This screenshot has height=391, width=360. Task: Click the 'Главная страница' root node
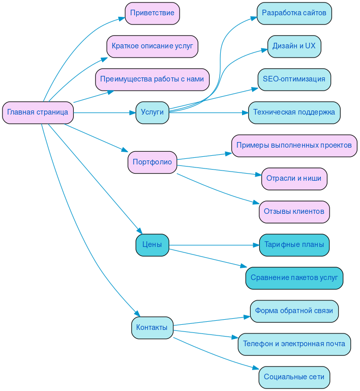tap(38, 113)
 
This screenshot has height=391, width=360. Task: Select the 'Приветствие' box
tap(152, 13)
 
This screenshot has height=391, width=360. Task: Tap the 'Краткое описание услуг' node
tap(152, 46)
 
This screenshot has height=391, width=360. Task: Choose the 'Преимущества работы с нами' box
tap(152, 79)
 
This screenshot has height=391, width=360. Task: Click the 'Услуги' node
tap(152, 113)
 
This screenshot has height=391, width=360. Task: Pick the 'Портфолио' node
tap(152, 162)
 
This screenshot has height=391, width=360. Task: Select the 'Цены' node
tap(152, 245)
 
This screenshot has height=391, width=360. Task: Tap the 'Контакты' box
tap(152, 328)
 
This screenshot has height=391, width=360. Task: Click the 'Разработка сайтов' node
tap(294, 13)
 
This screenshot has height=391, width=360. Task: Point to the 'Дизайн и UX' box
tap(294, 46)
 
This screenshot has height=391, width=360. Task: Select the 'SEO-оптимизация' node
tap(294, 79)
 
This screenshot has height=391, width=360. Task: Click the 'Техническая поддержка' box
tap(294, 113)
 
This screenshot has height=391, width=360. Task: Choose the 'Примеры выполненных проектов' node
tap(294, 146)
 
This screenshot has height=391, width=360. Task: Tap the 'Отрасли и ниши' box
tap(294, 179)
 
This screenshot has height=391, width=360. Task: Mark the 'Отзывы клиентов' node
tap(294, 212)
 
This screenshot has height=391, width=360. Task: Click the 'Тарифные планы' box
tap(294, 245)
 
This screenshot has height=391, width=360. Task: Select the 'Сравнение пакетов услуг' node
tap(294, 278)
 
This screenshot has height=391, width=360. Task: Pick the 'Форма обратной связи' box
tap(294, 311)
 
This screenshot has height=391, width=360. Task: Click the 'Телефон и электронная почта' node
tap(294, 344)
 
